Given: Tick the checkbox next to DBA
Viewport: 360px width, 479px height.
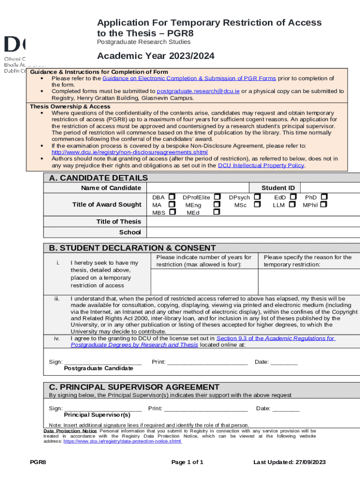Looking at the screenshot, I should click(172, 197).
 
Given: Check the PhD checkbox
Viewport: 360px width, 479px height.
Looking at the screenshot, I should click(324, 197).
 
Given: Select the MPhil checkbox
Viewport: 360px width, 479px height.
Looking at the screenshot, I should click(324, 204).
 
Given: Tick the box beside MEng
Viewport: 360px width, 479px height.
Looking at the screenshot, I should click(217, 204).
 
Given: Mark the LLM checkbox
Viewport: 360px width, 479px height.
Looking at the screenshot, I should click(292, 204).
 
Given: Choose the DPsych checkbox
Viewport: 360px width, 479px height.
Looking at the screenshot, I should click(257, 197).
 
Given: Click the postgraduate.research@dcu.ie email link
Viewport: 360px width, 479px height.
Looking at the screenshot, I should click(198, 91).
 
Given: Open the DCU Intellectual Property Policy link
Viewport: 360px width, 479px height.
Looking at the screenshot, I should click(261, 165).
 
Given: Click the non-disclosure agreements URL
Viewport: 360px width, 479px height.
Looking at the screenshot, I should click(130, 152).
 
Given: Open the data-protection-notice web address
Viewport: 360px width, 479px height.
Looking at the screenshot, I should click(122, 441).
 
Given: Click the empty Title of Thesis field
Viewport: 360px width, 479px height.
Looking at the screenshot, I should click(253, 221).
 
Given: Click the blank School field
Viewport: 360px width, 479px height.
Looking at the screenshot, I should click(253, 232).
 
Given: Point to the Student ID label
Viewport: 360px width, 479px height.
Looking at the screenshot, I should click(278, 188).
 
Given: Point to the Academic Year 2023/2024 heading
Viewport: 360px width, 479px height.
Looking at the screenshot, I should click(156, 56).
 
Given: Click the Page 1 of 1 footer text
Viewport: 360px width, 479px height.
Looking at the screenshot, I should click(187, 462).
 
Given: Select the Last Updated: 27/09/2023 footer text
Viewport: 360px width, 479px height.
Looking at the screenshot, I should click(289, 462).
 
